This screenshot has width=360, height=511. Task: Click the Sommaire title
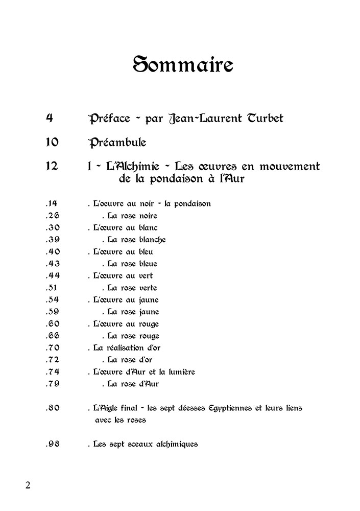(183, 65)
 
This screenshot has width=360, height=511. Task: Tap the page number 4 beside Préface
(50, 118)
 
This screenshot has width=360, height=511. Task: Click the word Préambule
(117, 142)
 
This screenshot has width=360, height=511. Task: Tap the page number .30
(53, 227)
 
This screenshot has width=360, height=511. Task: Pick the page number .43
(53, 264)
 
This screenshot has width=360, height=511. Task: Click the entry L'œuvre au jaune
(126, 300)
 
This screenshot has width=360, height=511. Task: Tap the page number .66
(53, 336)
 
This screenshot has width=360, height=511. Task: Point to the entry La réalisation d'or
(127, 348)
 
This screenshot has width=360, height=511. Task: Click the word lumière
(178, 372)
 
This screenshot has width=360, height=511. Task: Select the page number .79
(53, 384)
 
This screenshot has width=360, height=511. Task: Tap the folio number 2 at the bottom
(28, 485)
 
